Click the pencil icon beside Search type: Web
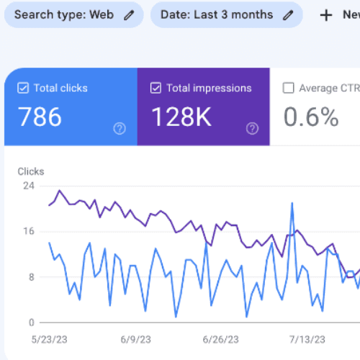[x=129, y=15]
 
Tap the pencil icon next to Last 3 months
[x=288, y=15]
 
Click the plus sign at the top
[x=326, y=16]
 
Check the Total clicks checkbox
[x=23, y=88]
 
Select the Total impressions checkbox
[x=156, y=88]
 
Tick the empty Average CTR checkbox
[x=288, y=88]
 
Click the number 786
[x=40, y=117]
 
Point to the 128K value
[x=181, y=117]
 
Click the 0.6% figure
[x=311, y=117]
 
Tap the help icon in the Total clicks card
[x=120, y=129]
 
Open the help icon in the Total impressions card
[x=252, y=129]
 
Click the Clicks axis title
[x=31, y=171]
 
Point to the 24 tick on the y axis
[x=29, y=186]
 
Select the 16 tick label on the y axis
[x=29, y=231]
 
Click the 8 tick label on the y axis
[x=32, y=277]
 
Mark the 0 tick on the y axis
[x=32, y=323]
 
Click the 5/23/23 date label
[x=50, y=340]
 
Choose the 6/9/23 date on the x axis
[x=136, y=340]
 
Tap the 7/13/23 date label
[x=307, y=340]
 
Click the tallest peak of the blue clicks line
[x=292, y=204]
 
